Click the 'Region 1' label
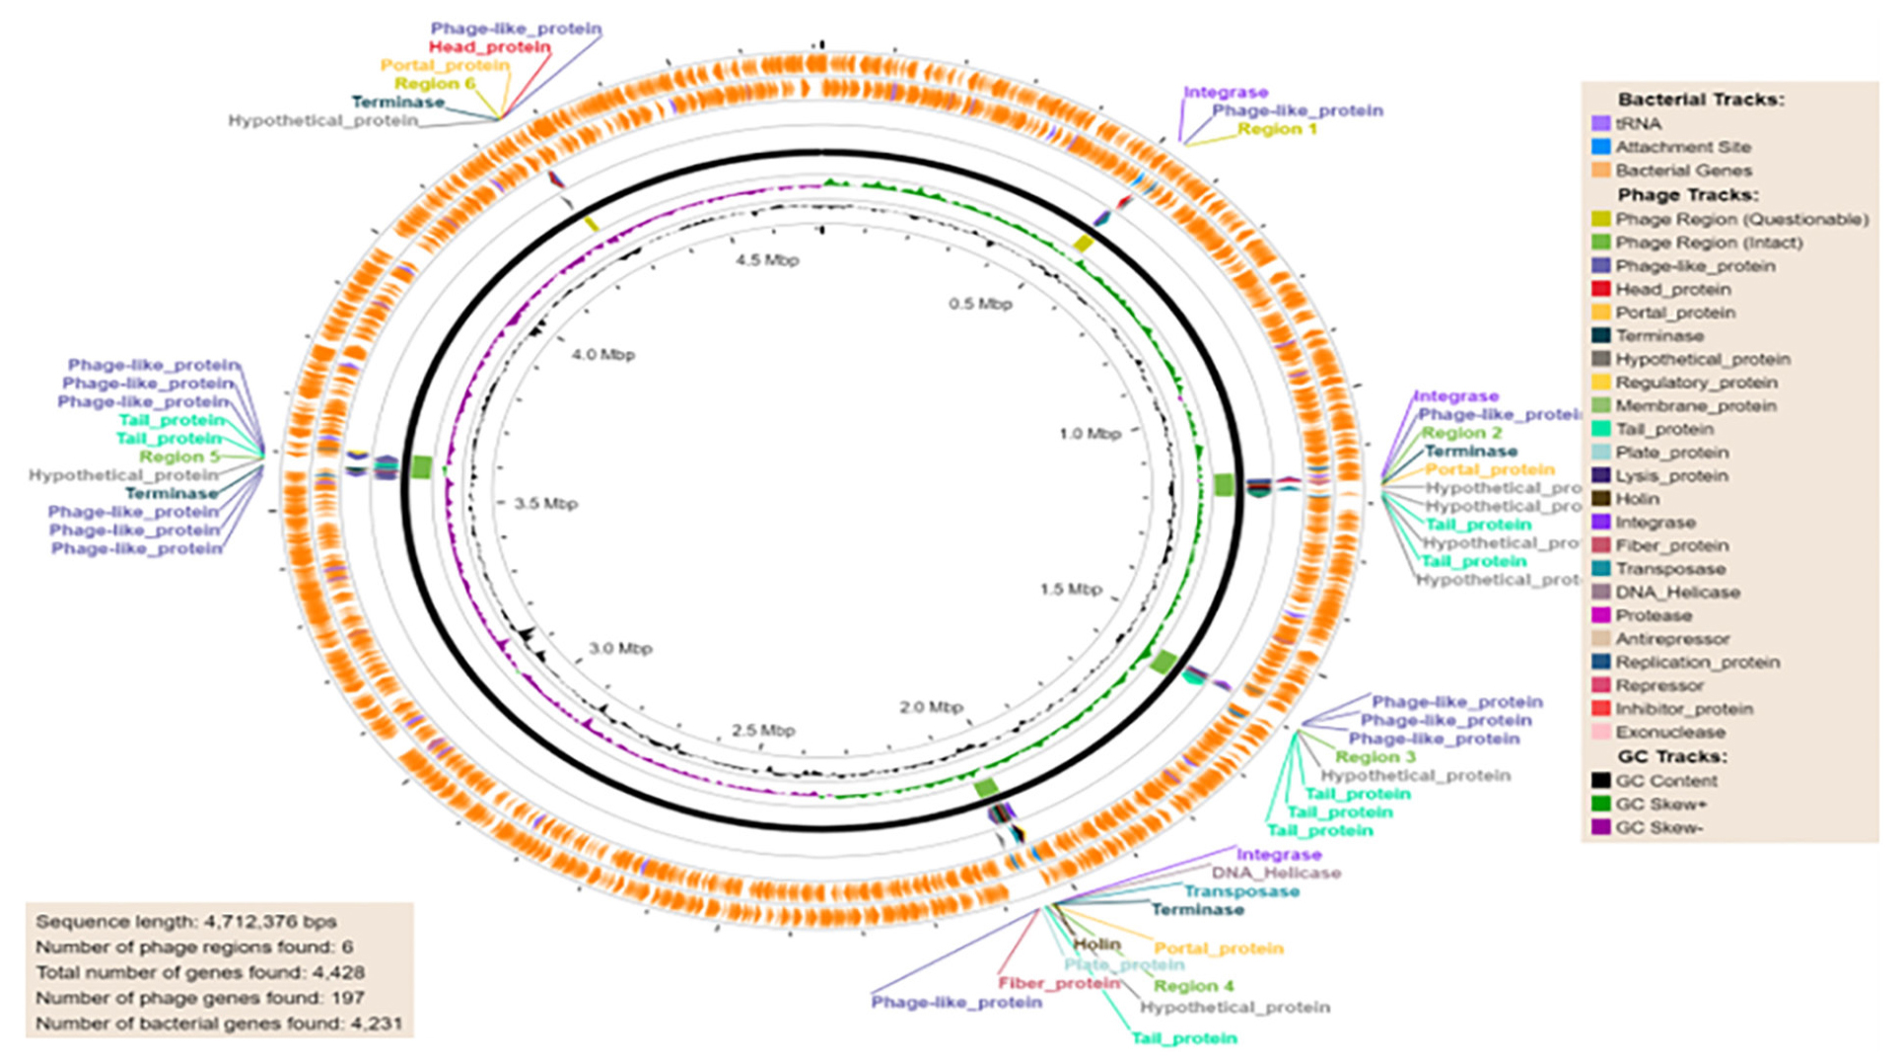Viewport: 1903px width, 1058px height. (x=1277, y=129)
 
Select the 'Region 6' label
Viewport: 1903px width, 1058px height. (x=435, y=84)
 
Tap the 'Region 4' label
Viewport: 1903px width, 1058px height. (x=1193, y=986)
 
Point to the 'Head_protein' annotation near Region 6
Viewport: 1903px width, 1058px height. (x=489, y=47)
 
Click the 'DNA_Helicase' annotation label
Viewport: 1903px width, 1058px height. (x=1276, y=873)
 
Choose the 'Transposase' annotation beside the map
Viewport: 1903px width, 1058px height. (x=1241, y=891)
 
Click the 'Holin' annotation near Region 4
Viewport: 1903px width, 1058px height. (x=1096, y=945)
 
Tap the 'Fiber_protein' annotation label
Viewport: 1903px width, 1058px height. (x=1059, y=983)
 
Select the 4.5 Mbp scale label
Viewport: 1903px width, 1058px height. (x=767, y=260)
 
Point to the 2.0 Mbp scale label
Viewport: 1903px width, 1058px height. (x=931, y=707)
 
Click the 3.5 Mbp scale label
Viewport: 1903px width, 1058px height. (x=546, y=503)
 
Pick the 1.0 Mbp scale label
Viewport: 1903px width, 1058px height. (x=1090, y=433)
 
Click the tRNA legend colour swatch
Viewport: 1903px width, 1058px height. (x=1600, y=123)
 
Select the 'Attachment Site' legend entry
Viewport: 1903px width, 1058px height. (x=1682, y=147)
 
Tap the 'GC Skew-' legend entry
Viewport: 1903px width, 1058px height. (x=1658, y=827)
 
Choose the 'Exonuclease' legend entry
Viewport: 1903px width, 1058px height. (x=1669, y=733)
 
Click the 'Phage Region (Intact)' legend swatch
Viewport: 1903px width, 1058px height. (x=1600, y=243)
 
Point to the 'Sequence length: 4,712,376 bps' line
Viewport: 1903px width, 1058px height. (x=186, y=922)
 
